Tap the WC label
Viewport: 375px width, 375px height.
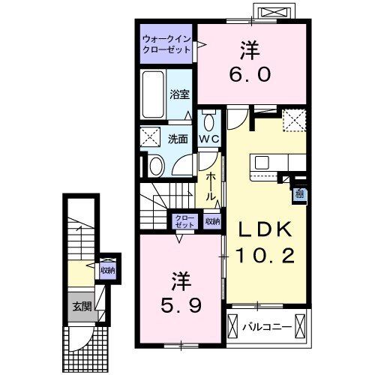208,139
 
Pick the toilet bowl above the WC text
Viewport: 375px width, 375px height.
209,121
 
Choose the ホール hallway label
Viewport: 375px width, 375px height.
213,185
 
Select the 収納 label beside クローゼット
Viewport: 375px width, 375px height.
212,221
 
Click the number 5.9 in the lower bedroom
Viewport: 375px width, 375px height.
181,304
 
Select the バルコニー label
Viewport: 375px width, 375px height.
262,326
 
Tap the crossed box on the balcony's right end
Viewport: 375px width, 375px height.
301,326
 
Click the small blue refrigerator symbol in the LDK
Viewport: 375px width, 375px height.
298,194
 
